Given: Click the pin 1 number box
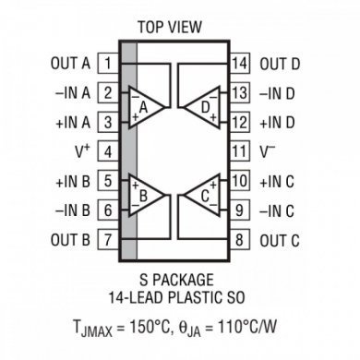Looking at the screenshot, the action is click(x=109, y=64).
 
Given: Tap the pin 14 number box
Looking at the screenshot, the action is click(x=240, y=64).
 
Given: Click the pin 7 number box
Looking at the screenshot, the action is click(x=109, y=240).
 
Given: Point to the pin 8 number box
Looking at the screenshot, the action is click(x=240, y=240).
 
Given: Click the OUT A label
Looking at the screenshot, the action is click(x=71, y=64).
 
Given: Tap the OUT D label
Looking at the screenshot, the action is click(x=280, y=64).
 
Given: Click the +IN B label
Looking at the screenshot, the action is click(x=72, y=181).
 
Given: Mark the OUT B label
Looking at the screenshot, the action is click(x=71, y=240).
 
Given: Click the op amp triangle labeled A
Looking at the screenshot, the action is click(x=145, y=108).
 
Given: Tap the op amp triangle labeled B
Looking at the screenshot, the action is click(x=145, y=196).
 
